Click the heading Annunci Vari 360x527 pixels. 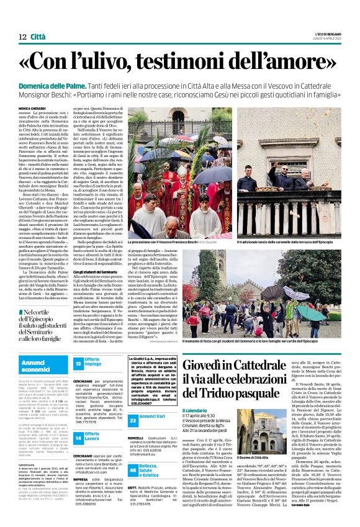[x=152, y=399]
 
